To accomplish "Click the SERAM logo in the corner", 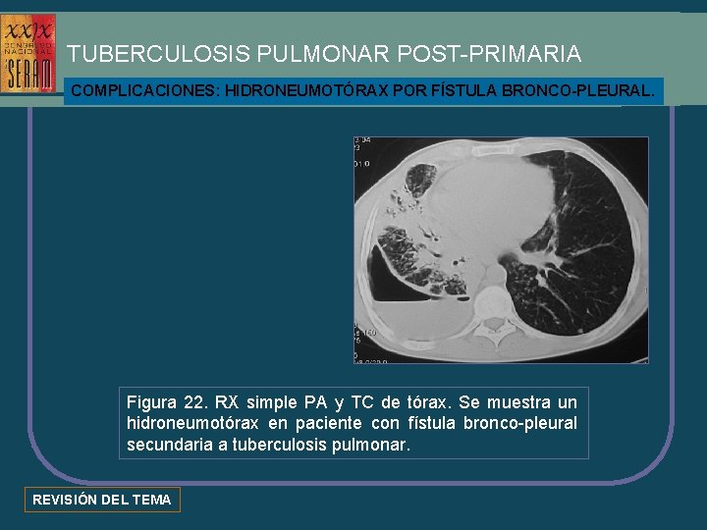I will coord(29,54).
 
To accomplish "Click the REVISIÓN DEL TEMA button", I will coord(102,500).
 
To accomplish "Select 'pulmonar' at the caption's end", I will coord(378,445).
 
